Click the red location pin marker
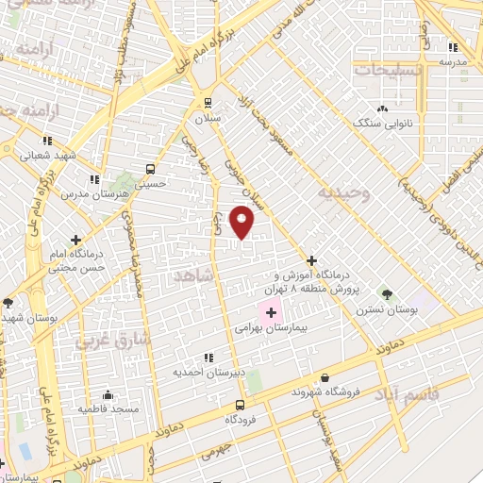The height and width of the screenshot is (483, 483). pos(242,222)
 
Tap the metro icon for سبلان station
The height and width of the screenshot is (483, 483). pos(208,103)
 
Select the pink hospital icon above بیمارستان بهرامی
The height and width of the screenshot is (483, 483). pos(272,312)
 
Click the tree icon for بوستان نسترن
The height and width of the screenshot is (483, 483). pos(384,293)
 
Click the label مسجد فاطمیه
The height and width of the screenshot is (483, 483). pos(108,409)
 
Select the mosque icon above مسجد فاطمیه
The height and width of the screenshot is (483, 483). pos(108,394)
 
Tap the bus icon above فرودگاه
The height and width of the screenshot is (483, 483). pos(240,404)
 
